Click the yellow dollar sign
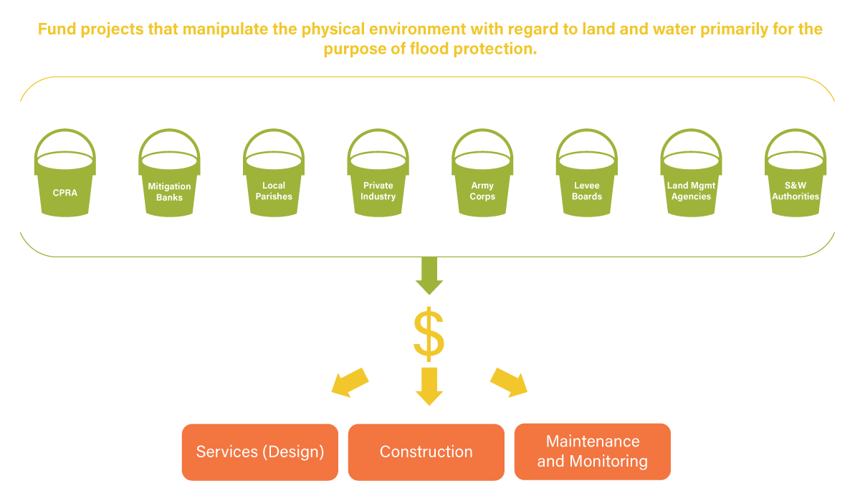(x=429, y=334)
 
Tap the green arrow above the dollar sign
(x=429, y=277)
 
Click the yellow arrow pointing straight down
(x=429, y=386)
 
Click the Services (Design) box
(x=259, y=452)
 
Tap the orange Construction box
(x=426, y=452)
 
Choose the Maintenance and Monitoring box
(x=592, y=452)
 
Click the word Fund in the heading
(x=55, y=30)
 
